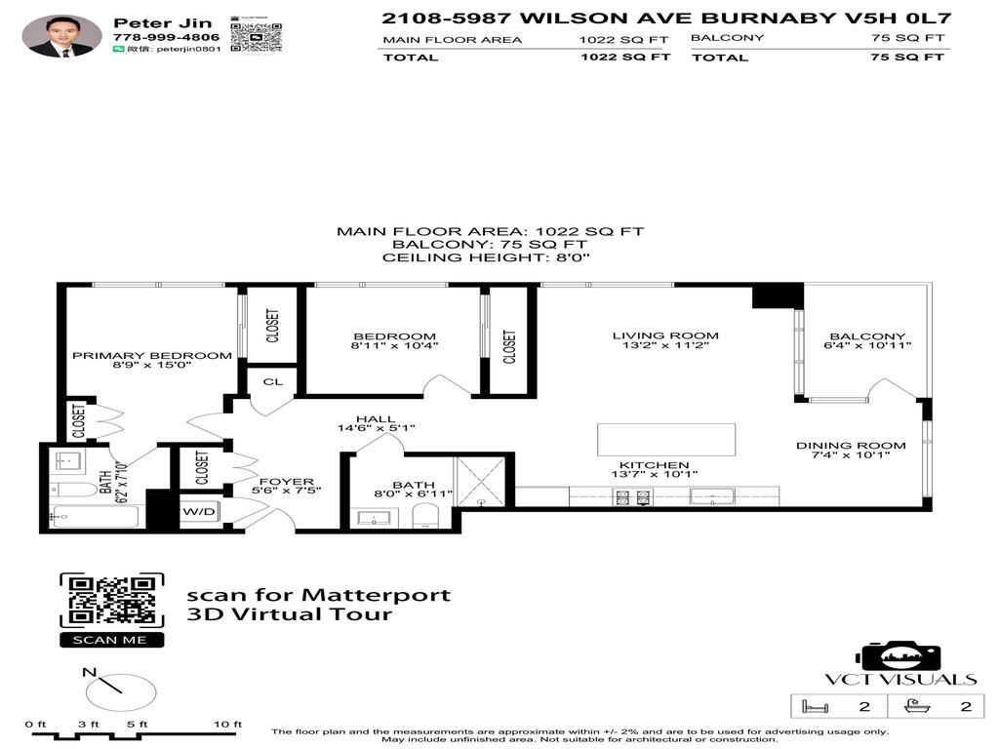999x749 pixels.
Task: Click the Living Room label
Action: pos(665,336)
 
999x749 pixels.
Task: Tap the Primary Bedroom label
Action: pos(152,356)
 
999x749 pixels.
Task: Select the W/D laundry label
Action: pos(199,511)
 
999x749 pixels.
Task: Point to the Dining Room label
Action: pos(851,446)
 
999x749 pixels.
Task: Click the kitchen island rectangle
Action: pos(666,439)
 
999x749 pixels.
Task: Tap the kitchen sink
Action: pos(711,497)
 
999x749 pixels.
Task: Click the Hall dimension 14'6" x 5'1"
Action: pos(376,428)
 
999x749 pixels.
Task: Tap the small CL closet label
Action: pos(272,381)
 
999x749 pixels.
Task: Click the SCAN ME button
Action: pos(111,640)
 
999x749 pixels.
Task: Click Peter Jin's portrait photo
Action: pos(61,36)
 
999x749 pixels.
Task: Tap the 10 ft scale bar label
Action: pos(227,724)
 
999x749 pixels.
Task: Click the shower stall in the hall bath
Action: pos(481,481)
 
